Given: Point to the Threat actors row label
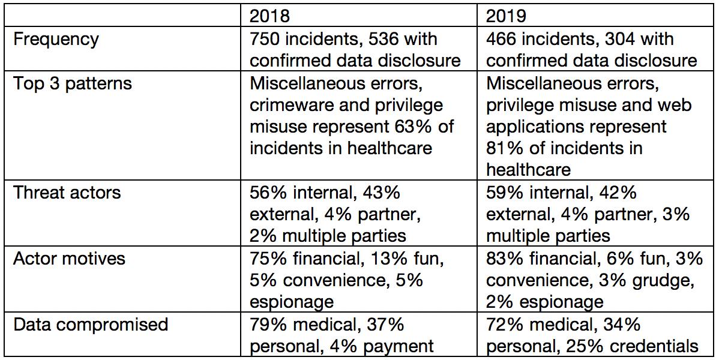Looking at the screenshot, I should [x=67, y=193].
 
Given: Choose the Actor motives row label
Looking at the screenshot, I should [x=69, y=259].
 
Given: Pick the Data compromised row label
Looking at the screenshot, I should [x=90, y=325].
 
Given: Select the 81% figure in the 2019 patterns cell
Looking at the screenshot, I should [x=504, y=148].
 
